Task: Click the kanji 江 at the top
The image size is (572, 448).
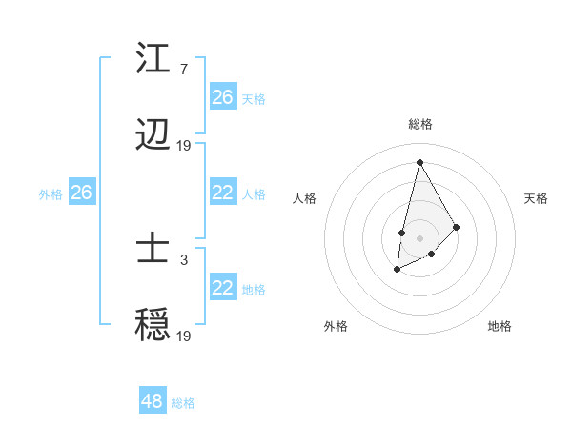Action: pos(153,59)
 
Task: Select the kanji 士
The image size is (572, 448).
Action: pos(153,251)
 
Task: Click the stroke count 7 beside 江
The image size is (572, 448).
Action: pos(183,70)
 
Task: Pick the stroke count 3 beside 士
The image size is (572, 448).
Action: pos(183,259)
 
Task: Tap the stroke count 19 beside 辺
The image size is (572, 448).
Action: pos(184,146)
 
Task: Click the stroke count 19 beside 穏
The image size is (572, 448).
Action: pos(184,336)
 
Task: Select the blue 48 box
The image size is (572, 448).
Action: pos(153,401)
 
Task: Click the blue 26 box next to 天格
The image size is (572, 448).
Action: pos(223,97)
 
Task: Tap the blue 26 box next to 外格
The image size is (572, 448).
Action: pos(82,193)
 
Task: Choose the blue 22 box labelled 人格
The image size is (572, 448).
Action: pos(223,193)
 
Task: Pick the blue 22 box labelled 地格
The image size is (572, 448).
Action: pos(223,288)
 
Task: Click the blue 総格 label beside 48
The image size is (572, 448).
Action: pos(183,403)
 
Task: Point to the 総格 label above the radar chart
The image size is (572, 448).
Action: pos(419,124)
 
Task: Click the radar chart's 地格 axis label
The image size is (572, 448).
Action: pos(500,326)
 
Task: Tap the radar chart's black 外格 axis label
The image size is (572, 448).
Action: pos(336,326)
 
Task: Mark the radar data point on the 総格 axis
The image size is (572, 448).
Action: pos(419,161)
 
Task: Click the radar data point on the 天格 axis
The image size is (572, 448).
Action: pos(457,226)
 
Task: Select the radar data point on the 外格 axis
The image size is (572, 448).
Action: pos(398,270)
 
